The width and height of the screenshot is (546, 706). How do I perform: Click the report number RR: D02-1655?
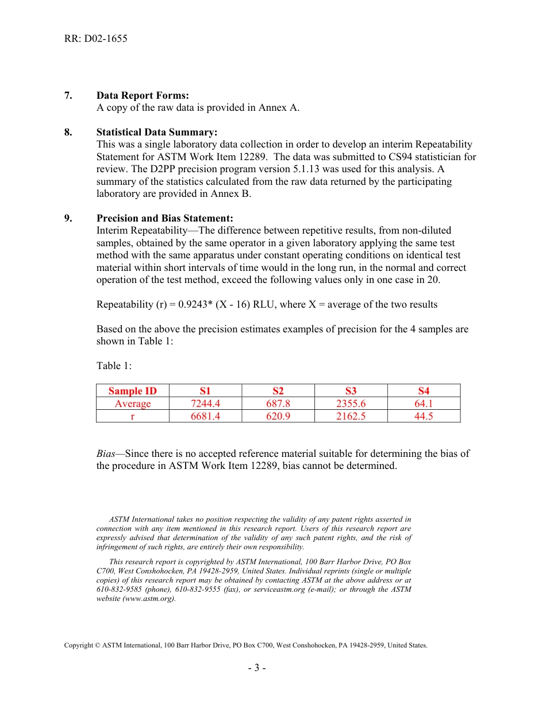click(x=95, y=39)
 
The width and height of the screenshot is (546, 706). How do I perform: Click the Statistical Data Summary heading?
click(x=157, y=132)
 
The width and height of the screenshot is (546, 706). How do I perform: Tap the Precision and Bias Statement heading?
click(x=165, y=218)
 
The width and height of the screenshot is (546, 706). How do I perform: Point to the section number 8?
click(x=68, y=132)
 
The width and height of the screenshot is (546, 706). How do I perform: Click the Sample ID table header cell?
click(x=133, y=391)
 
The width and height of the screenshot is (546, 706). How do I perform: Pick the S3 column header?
click(x=351, y=391)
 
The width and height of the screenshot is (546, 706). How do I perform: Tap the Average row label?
click(x=133, y=404)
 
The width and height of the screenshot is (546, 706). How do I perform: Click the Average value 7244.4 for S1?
click(x=205, y=404)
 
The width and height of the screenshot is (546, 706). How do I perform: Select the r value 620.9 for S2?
click(x=278, y=416)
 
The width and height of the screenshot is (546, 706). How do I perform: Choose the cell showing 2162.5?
click(x=351, y=416)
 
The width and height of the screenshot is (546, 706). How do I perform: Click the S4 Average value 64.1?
click(x=424, y=404)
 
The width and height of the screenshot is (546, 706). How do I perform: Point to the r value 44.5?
click(x=424, y=416)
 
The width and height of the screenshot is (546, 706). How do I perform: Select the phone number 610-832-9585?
click(x=117, y=589)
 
